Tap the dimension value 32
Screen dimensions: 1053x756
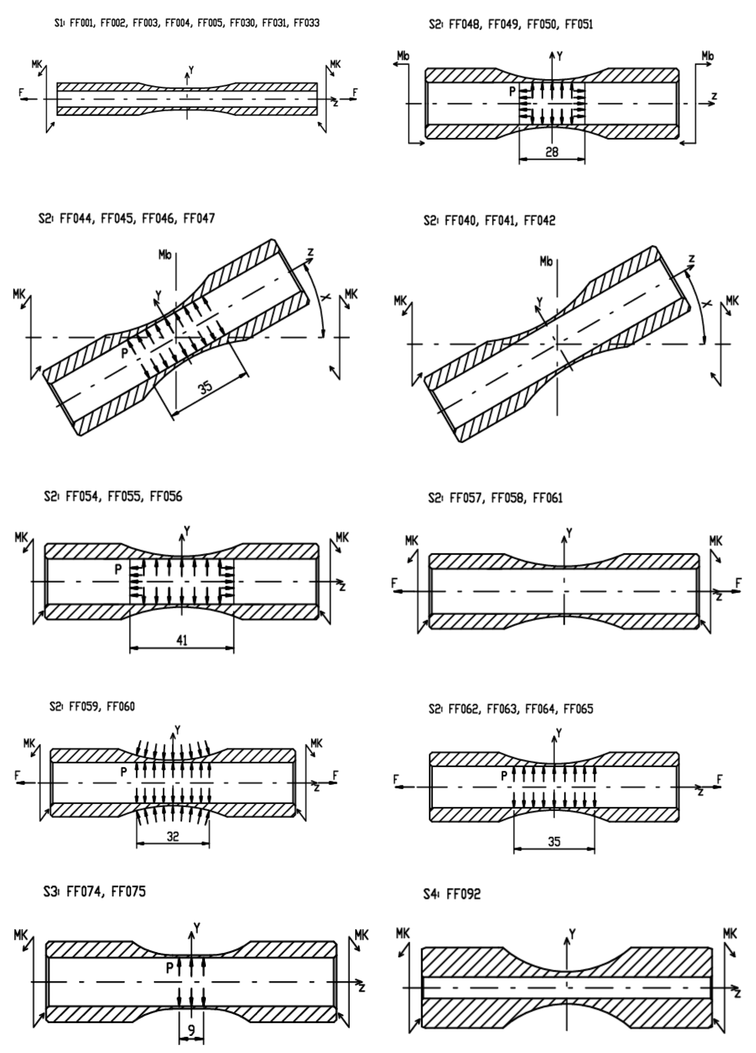[x=173, y=837]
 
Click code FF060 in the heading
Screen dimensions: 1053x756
[x=121, y=707]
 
